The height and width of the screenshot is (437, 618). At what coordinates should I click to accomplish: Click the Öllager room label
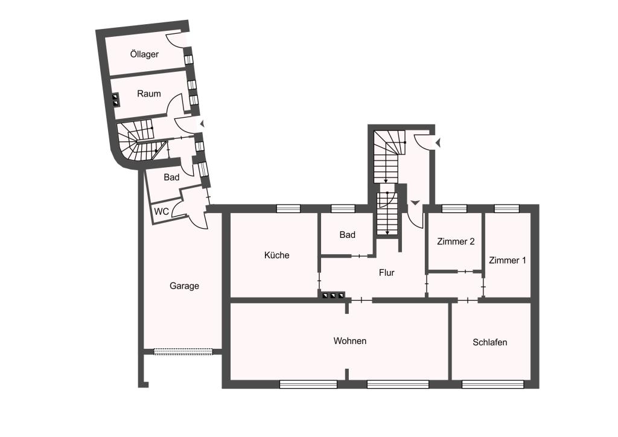tap(144, 54)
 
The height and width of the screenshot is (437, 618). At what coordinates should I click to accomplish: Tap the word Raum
tap(149, 94)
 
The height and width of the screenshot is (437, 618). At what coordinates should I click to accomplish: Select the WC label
tap(161, 212)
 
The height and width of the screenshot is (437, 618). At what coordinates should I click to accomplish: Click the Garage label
tap(184, 286)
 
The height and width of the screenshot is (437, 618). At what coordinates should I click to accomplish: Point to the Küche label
tap(276, 255)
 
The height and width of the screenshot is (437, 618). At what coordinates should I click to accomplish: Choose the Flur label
tap(386, 273)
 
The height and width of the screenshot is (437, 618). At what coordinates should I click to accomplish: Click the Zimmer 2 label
tap(456, 241)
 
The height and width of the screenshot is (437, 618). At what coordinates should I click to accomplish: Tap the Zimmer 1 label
tap(507, 261)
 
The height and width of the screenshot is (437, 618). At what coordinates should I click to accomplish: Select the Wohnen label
tap(350, 341)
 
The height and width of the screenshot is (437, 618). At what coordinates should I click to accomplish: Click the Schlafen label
tap(490, 342)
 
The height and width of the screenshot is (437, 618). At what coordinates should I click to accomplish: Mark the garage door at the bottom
tap(183, 351)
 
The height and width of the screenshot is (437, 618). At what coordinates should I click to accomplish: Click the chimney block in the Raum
tap(116, 100)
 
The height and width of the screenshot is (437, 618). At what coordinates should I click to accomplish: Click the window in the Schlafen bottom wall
tap(492, 384)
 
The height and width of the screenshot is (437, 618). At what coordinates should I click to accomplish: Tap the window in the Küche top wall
tap(288, 208)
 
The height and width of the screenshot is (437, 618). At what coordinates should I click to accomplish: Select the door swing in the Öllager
tap(174, 41)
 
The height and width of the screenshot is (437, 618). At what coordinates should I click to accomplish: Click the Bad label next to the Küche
tap(347, 235)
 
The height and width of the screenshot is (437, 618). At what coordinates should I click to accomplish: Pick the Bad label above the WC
tap(171, 177)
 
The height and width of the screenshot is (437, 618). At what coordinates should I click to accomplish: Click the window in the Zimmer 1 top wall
tap(507, 208)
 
